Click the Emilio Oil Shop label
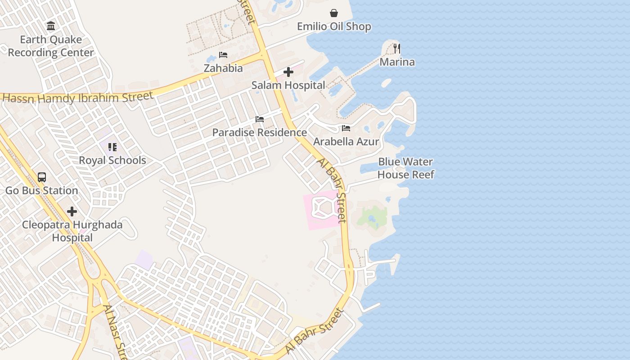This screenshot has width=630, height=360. pos(334,27)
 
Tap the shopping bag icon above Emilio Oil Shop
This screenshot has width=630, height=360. pos(334,13)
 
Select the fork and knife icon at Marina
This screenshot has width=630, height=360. pos(396,48)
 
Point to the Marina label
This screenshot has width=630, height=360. pos(397,62)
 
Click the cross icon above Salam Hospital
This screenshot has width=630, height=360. pos(288,72)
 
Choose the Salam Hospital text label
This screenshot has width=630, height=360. pos(288,85)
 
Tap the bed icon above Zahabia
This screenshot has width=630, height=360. pos(223,55)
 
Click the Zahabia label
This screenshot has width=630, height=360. pos(223,68)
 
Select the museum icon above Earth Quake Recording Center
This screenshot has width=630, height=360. pos(51,26)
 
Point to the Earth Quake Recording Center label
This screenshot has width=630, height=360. pos(51,46)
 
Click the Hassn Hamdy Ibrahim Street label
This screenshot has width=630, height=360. pos(77,97)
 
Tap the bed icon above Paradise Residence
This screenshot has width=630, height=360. pos(260,119)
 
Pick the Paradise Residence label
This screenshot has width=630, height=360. pos(259,133)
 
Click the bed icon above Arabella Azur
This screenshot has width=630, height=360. pos(346,128)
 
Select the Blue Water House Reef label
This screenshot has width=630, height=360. pos(405,168)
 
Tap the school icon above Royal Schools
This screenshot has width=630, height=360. pos(112,147)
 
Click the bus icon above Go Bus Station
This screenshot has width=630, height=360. pos(42,177)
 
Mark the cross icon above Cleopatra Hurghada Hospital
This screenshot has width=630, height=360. pos(72,211)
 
